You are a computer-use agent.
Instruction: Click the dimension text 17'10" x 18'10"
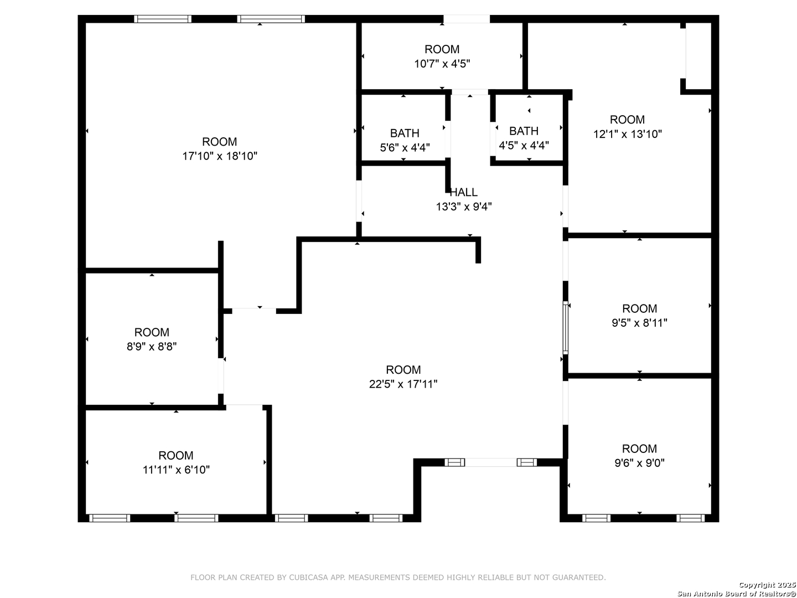coord(220,156)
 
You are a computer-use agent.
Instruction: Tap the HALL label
coord(463,193)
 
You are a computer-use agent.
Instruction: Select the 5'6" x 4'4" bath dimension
coord(405,148)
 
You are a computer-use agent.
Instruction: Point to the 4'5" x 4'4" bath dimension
coord(524,146)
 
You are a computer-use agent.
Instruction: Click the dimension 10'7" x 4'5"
coord(442,64)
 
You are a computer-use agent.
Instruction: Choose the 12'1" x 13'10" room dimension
coord(627,134)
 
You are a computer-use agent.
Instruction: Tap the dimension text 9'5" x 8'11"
coord(639,323)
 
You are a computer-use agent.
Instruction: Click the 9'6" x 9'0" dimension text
coord(639,463)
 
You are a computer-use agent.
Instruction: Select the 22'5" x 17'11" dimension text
coord(403,384)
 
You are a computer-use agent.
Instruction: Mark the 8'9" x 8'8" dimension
coord(152,347)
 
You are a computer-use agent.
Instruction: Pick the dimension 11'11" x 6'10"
coord(176,470)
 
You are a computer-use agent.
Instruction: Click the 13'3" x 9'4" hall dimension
coord(463,207)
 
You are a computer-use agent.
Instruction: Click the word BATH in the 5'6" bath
coord(405,133)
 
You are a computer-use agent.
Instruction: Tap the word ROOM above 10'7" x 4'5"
coord(442,49)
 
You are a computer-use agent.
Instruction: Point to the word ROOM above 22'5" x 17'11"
coord(403,370)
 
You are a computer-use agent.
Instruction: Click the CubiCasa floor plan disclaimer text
coord(398,578)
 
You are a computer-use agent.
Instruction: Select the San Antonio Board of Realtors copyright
coord(737,593)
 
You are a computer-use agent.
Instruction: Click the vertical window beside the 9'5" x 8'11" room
coord(565,327)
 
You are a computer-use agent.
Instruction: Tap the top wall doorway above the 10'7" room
coord(466,19)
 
